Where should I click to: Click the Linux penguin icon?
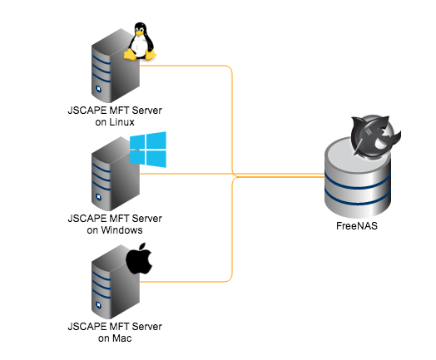pyautogui.click(x=139, y=42)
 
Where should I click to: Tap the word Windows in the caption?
pyautogui.click(x=121, y=229)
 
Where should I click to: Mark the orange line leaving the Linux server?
pyautogui.click(x=191, y=65)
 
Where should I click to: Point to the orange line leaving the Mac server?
pyautogui.click(x=191, y=280)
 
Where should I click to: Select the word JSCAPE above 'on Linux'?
pyautogui.click(x=87, y=110)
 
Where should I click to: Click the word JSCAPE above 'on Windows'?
pyautogui.click(x=87, y=218)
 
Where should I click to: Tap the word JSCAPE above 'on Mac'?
pyautogui.click(x=87, y=327)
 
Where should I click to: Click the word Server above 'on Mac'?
pyautogui.click(x=146, y=327)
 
